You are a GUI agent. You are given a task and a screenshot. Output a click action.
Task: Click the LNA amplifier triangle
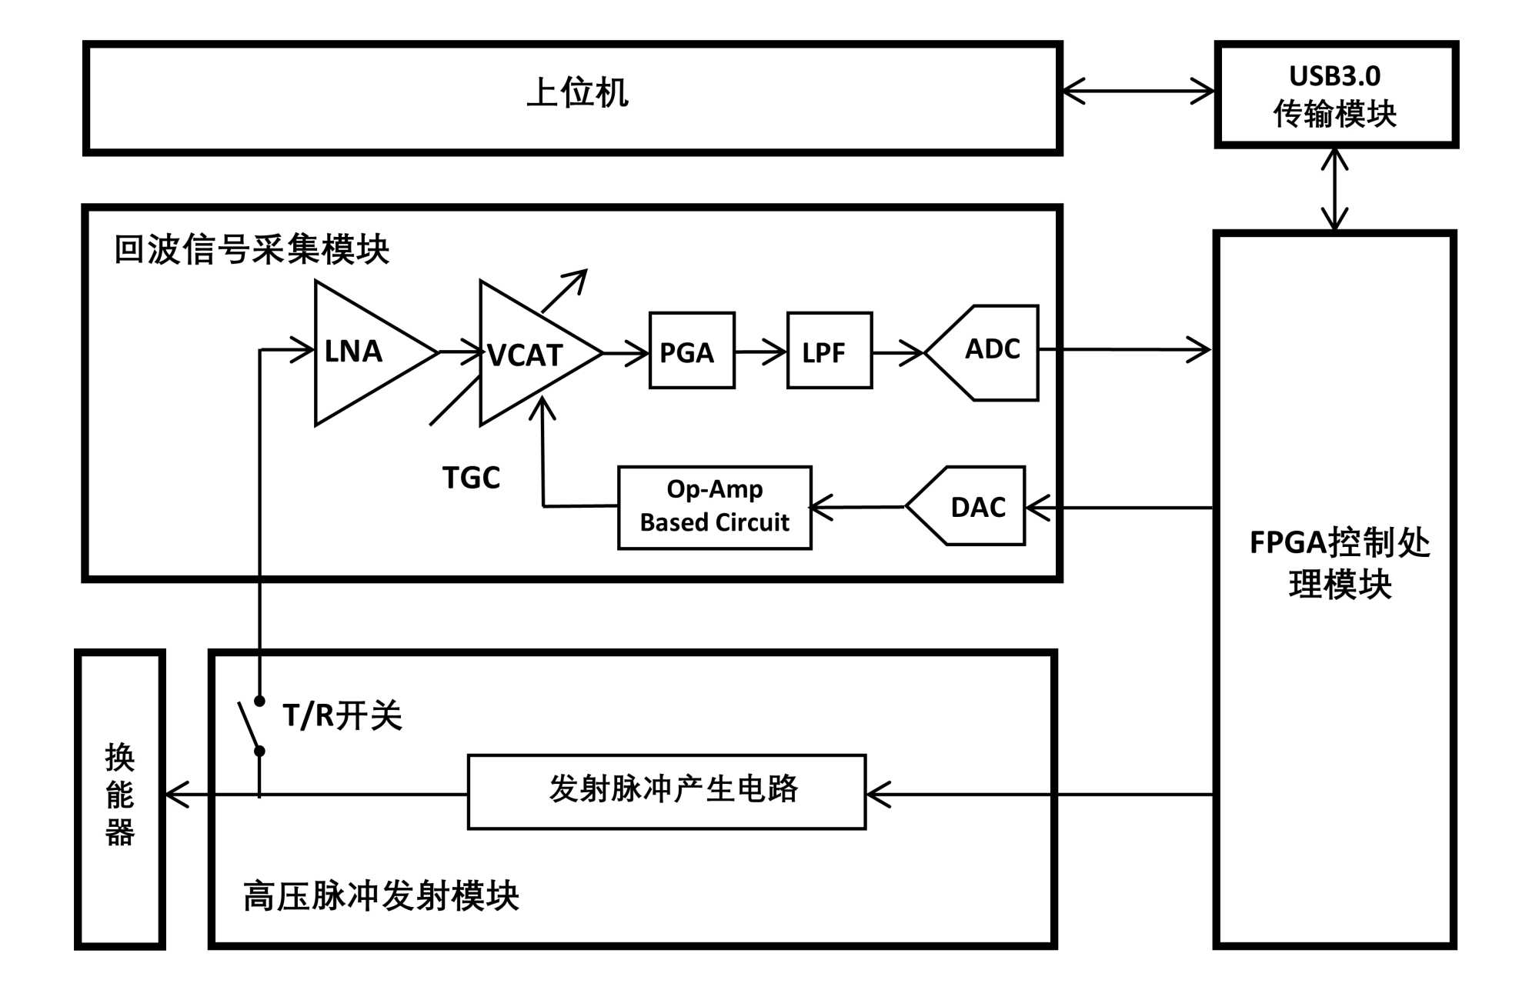point(362,352)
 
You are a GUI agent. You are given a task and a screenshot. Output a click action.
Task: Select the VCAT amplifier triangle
point(527,354)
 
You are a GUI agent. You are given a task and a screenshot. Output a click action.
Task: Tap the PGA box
point(692,351)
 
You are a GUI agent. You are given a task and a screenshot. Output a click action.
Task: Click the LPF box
point(830,351)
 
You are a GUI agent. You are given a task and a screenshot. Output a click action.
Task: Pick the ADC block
point(989,352)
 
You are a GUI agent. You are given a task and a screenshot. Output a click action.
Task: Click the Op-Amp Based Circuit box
point(715,507)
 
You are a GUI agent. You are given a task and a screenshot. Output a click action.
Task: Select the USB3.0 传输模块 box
point(1336,95)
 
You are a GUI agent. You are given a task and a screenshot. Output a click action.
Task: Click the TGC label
point(471,478)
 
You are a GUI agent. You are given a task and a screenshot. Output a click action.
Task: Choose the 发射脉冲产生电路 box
point(666,792)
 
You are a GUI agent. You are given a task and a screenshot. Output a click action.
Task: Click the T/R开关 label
point(342,715)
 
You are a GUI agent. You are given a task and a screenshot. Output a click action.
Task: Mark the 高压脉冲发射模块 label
point(381,895)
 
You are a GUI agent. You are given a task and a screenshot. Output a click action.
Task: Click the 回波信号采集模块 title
point(252,249)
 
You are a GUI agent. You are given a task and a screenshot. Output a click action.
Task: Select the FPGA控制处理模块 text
point(1340,563)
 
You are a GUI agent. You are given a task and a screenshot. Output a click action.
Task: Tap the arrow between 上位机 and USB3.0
point(1138,91)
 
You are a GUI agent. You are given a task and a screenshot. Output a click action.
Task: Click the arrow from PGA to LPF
point(760,352)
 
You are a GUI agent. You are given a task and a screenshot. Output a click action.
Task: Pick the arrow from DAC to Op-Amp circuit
point(859,507)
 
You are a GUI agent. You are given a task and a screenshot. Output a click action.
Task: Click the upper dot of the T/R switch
point(260,701)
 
